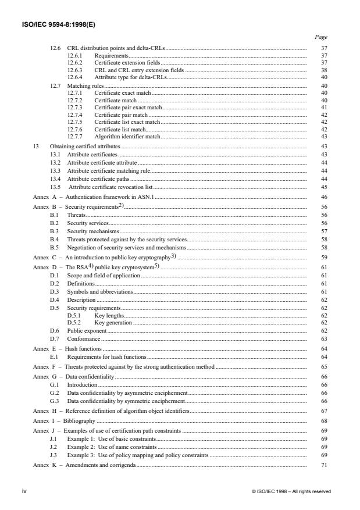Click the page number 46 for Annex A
324,198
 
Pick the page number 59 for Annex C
324,257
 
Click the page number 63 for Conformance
324,338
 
